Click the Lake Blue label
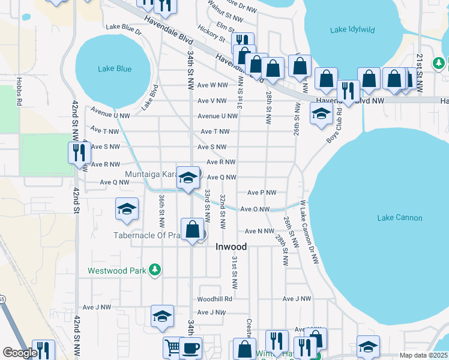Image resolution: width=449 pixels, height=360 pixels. point(114,69)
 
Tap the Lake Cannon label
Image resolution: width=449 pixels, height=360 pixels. point(399,218)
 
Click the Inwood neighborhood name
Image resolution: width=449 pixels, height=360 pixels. point(231,247)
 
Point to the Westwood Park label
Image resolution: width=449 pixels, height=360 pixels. point(117,271)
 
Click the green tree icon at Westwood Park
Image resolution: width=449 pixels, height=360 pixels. point(155,270)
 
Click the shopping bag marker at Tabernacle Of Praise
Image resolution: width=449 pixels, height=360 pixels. point(193,230)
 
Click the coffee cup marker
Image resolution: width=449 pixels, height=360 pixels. point(190,348)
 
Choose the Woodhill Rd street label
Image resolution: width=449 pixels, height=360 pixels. point(214,298)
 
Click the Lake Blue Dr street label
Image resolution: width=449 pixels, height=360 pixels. point(123,27)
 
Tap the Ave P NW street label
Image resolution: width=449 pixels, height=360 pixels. point(262,193)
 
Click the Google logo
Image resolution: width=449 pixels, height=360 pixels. point(20,353)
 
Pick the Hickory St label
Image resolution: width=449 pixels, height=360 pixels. point(212,34)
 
